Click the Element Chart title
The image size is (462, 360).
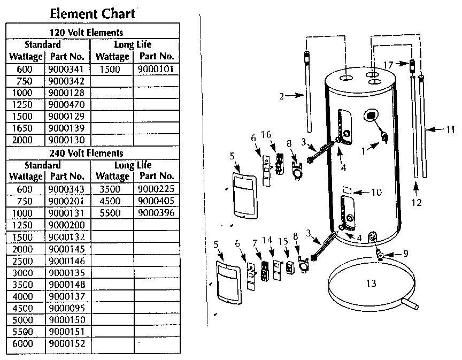93,13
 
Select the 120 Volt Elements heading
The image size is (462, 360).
93,33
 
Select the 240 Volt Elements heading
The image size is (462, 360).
93,153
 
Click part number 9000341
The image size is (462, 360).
67,69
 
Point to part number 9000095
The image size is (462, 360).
67,308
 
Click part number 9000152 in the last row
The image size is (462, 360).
67,343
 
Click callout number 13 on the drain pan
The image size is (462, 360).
371,284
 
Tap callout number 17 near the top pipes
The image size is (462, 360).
388,64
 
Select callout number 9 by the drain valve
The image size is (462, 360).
405,254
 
